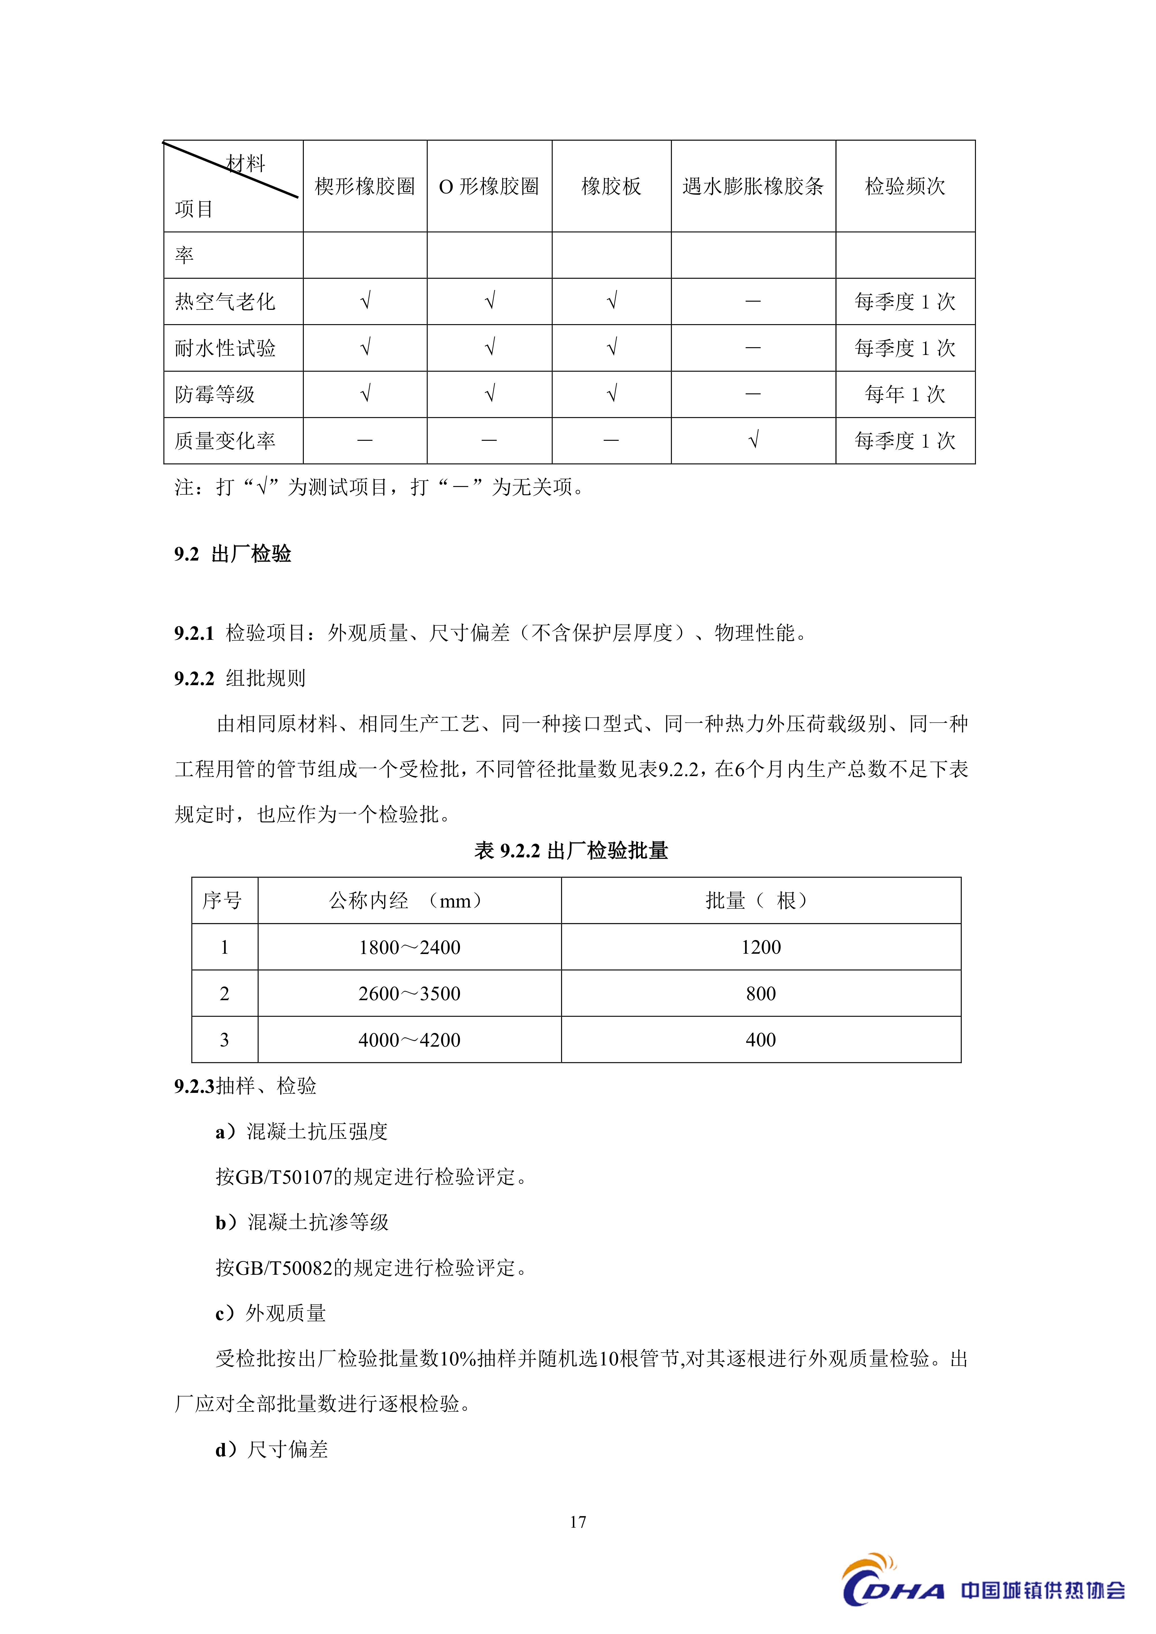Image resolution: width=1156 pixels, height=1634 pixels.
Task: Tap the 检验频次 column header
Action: [x=905, y=186]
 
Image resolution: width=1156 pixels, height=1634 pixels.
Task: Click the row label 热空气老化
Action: [x=225, y=302]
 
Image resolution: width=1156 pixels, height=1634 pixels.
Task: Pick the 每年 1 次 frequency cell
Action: [x=905, y=394]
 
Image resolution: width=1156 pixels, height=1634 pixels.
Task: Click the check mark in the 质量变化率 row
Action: [x=753, y=441]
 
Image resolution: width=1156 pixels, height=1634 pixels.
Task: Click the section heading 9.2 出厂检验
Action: [x=233, y=554]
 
